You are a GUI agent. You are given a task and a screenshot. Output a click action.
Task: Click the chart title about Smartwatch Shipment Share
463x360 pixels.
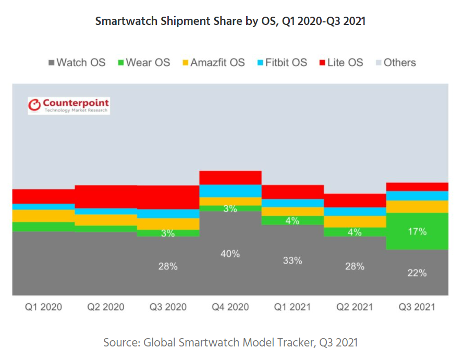pyautogui.click(x=231, y=21)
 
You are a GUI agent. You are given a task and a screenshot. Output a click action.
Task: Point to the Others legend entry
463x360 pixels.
pyautogui.click(x=395, y=63)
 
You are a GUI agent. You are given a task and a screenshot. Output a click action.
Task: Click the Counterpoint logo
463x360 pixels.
pyautogui.click(x=68, y=105)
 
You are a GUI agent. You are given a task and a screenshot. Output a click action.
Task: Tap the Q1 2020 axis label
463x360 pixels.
pyautogui.click(x=43, y=307)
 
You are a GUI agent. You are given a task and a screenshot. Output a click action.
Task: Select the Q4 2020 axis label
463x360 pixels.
pyautogui.click(x=230, y=307)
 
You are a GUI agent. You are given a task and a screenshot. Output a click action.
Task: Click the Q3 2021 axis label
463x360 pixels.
pyautogui.click(x=417, y=307)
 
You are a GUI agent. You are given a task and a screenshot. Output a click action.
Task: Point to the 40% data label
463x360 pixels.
pyautogui.click(x=230, y=254)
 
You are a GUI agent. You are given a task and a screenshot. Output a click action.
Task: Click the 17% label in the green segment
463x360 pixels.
pyautogui.click(x=417, y=231)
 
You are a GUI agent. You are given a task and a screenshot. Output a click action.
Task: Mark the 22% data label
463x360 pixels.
pyautogui.click(x=417, y=272)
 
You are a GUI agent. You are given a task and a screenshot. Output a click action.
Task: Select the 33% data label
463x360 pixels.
pyautogui.click(x=293, y=260)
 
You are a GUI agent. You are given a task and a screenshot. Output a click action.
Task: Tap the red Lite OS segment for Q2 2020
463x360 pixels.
pyautogui.click(x=106, y=196)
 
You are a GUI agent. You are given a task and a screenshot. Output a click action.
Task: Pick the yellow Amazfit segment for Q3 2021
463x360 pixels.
pyautogui.click(x=417, y=207)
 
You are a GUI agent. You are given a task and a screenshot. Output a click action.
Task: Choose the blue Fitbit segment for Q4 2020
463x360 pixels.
pyautogui.click(x=230, y=191)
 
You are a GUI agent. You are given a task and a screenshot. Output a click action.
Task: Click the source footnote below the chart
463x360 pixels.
pyautogui.click(x=231, y=342)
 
